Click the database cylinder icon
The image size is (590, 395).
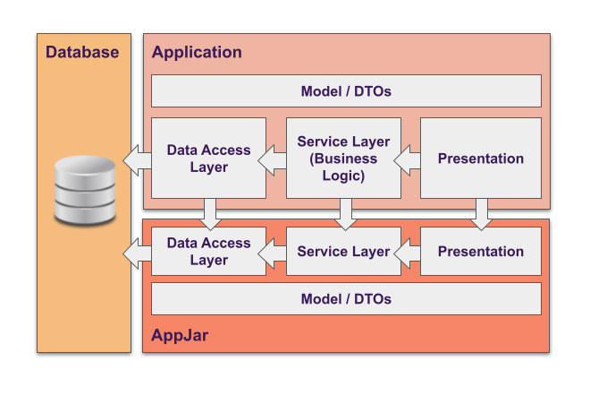[85, 190]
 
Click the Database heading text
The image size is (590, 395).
[82, 52]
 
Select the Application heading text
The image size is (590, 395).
[197, 52]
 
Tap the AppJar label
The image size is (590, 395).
[180, 337]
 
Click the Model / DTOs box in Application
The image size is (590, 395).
[346, 91]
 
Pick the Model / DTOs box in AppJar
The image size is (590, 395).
[346, 299]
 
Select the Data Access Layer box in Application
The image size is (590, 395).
[208, 159]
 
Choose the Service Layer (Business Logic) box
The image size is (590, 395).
[343, 159]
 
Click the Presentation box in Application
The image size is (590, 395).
[481, 159]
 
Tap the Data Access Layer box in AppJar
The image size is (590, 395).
[208, 252]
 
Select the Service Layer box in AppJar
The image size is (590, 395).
[343, 252]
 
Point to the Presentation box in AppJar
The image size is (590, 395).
[481, 252]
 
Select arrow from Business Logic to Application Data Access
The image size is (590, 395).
[273, 161]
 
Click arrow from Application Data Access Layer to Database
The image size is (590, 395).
[137, 161]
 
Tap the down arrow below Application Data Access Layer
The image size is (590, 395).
[211, 213]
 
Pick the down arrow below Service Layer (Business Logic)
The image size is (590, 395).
[347, 213]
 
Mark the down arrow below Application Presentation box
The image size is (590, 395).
[482, 213]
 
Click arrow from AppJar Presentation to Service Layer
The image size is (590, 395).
[408, 254]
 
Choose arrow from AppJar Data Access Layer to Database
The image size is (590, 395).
[137, 254]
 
